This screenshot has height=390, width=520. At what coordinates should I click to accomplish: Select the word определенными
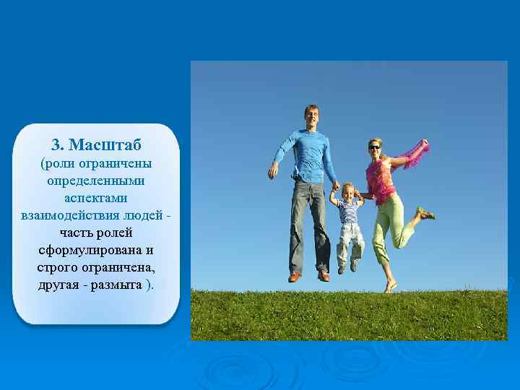96,178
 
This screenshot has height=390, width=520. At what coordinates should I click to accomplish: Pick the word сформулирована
96,249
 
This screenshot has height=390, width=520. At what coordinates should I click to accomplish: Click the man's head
311,116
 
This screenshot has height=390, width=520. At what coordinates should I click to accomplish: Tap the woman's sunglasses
373,147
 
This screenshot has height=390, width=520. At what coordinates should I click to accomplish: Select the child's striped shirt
349,212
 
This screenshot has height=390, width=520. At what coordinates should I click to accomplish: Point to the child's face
347,193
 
